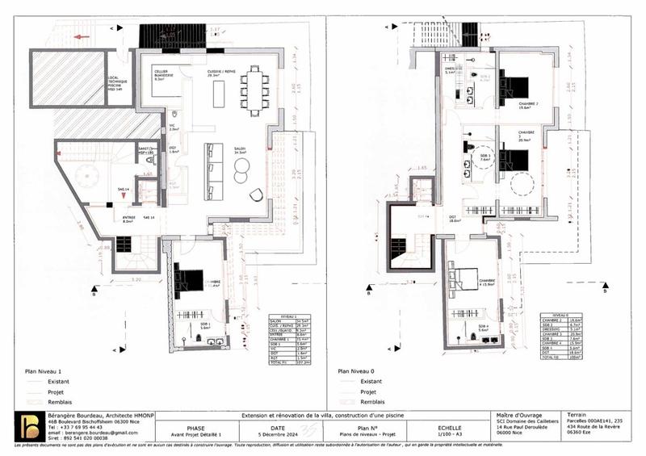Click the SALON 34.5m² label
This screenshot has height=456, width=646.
point(240,149)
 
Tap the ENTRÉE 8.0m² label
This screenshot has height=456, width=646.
point(129,220)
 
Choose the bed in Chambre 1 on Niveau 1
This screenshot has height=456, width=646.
point(190,280)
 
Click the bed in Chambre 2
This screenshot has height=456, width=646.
point(515,85)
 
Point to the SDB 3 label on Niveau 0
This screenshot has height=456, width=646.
point(485,157)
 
